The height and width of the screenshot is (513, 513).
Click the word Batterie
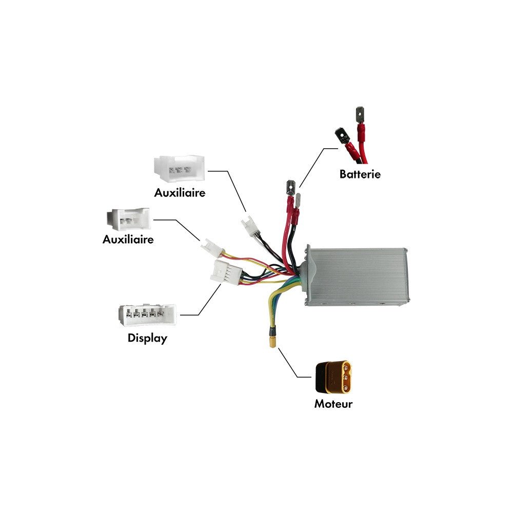click(x=360, y=174)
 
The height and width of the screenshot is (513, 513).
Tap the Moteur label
click(x=333, y=404)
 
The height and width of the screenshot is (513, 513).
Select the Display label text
click(x=147, y=338)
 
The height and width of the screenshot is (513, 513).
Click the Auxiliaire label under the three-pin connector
click(x=180, y=193)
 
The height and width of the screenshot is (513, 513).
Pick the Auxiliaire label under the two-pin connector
click(x=128, y=239)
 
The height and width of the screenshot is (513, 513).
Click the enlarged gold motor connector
click(x=333, y=377)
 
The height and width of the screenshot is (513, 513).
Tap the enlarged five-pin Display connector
click(x=147, y=315)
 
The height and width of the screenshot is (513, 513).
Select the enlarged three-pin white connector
click(x=179, y=168)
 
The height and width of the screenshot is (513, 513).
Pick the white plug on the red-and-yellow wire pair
click(x=212, y=248)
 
